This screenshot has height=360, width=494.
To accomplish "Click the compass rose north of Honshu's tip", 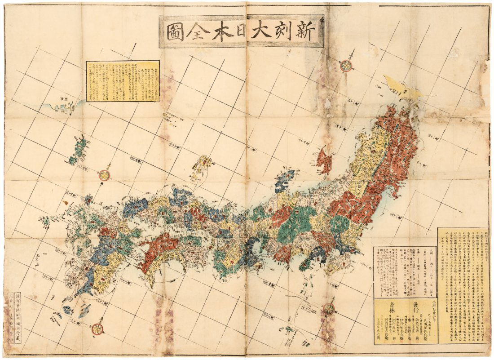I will [346, 66].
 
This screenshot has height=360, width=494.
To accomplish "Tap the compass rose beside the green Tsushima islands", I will [105, 175].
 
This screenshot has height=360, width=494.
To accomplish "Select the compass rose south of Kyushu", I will [97, 329].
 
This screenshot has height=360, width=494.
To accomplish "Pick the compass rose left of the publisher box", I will [329, 308].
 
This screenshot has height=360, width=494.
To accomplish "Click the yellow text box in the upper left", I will [123, 81].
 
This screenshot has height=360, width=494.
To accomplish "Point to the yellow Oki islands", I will [202, 166].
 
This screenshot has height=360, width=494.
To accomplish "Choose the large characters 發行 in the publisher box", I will [418, 305].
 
